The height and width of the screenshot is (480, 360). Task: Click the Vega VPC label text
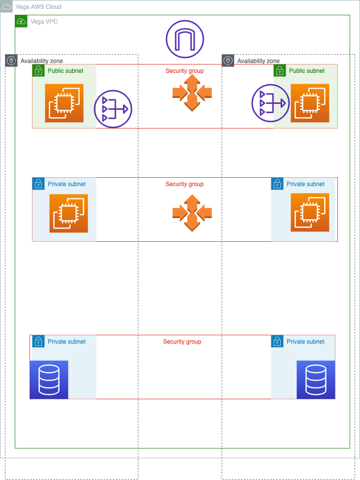click(x=44, y=22)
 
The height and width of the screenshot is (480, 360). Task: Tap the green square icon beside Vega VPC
click(x=21, y=21)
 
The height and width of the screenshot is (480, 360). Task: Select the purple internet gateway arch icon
click(x=185, y=39)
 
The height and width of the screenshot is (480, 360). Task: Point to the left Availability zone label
click(x=41, y=61)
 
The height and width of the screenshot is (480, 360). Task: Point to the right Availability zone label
click(x=258, y=61)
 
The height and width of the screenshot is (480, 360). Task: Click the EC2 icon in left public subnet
click(x=64, y=103)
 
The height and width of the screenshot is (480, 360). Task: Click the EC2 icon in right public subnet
click(x=310, y=103)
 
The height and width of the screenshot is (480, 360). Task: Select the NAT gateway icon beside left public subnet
click(x=113, y=109)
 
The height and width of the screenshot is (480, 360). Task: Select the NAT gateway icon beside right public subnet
click(x=270, y=103)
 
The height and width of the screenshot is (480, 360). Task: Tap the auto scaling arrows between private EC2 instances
click(x=192, y=213)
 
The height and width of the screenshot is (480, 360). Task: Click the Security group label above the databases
click(x=182, y=342)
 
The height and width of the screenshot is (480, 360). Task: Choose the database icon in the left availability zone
click(x=49, y=380)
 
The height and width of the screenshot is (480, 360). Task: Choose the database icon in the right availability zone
click(x=316, y=380)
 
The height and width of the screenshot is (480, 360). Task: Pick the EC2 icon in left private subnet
click(x=68, y=213)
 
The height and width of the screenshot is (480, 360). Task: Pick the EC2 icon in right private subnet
click(x=310, y=212)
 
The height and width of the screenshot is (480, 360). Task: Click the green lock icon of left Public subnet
click(x=38, y=70)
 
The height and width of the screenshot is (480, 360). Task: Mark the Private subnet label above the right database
click(x=305, y=342)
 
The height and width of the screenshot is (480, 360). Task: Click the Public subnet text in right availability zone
click(x=307, y=71)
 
